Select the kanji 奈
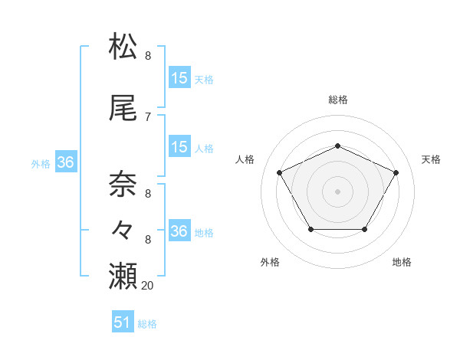point(125,184)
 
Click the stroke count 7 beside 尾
point(148,116)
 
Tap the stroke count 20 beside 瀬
point(148,285)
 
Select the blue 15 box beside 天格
point(179,78)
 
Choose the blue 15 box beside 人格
point(179,147)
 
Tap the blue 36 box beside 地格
point(179,231)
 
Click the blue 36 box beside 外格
point(65,162)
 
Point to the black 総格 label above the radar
point(338,100)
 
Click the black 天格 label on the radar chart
point(431,159)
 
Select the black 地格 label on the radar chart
point(402,262)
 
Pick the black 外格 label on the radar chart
point(270,262)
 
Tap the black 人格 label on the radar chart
point(245,159)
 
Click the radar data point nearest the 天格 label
point(396,172)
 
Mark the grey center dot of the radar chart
point(338,191)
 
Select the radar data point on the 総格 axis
point(338,146)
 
